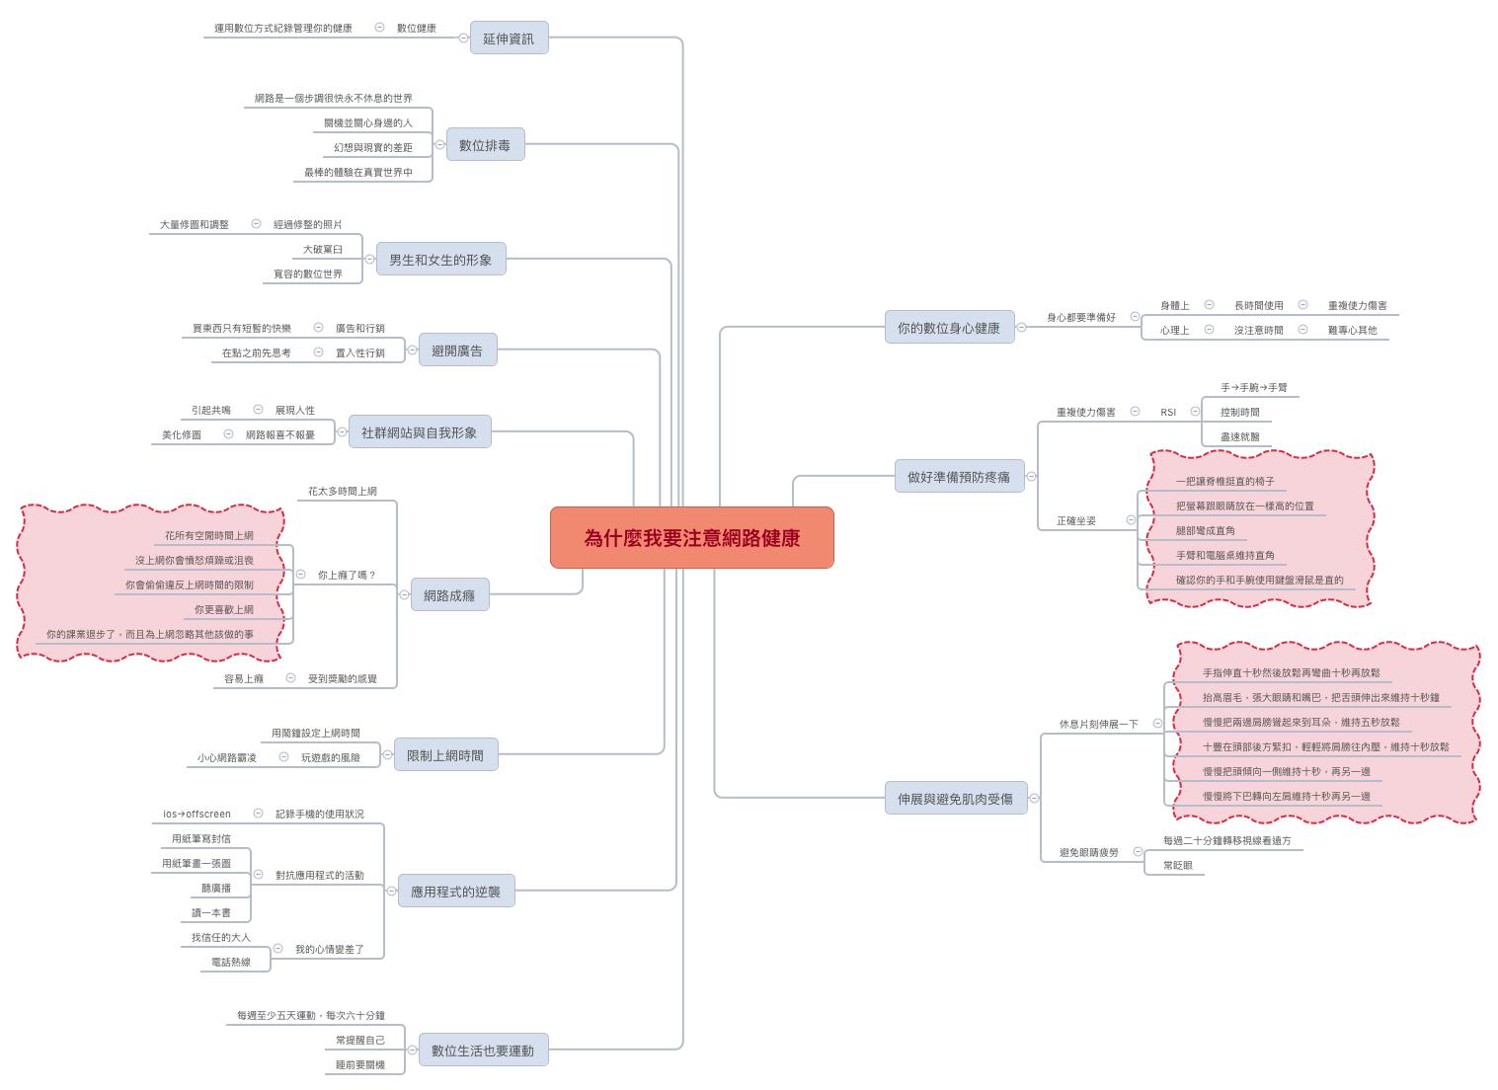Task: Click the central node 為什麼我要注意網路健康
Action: click(691, 538)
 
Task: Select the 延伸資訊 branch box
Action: click(509, 39)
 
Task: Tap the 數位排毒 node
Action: click(485, 145)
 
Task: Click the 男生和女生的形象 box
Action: click(440, 260)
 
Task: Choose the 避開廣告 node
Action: click(457, 350)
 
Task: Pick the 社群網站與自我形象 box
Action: click(420, 432)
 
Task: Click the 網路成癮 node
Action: click(449, 595)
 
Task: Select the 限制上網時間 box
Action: click(445, 755)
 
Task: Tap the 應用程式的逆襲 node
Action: click(455, 892)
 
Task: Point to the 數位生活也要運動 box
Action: click(483, 1051)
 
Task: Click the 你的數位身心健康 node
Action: click(949, 328)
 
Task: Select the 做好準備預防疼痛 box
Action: click(959, 477)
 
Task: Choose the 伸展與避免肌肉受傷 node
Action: click(956, 799)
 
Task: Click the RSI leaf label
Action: click(1168, 413)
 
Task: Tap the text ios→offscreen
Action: click(197, 815)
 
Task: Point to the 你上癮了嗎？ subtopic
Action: click(347, 575)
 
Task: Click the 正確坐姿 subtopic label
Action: click(1076, 520)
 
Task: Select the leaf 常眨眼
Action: click(1178, 866)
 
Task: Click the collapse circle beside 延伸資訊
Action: click(464, 38)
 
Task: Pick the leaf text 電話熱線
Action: click(231, 962)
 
